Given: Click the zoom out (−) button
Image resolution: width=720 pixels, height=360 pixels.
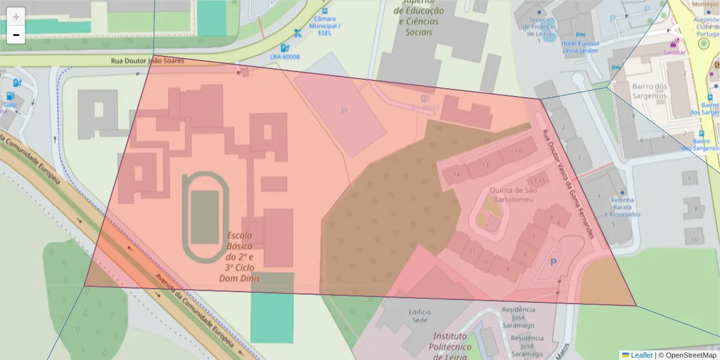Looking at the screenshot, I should pos(16,35).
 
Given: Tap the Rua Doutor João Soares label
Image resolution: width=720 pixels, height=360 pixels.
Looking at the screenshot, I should pos(148,61).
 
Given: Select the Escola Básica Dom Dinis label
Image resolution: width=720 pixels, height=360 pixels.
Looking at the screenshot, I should pos(243,257).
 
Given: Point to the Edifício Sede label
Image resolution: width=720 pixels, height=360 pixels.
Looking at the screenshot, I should pos(420,316).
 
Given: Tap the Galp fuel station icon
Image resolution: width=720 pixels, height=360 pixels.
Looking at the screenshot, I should pos(10,96).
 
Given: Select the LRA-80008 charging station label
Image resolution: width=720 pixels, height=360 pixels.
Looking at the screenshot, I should pos(285,57).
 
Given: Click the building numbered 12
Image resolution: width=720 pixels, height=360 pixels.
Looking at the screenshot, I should pos(518,150).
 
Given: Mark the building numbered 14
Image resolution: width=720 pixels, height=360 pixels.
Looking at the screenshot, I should pos(457,175).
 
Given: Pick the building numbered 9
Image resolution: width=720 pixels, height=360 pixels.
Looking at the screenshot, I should pos(507,268).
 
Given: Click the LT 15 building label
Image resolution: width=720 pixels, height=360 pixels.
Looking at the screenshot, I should pos(538,180).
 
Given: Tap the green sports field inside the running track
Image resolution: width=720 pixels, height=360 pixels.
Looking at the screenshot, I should pos(205,217).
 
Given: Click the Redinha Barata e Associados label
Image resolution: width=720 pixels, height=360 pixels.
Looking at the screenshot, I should pos(622,207).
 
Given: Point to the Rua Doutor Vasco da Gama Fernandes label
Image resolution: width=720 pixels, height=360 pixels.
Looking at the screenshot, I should pos(567,184).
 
